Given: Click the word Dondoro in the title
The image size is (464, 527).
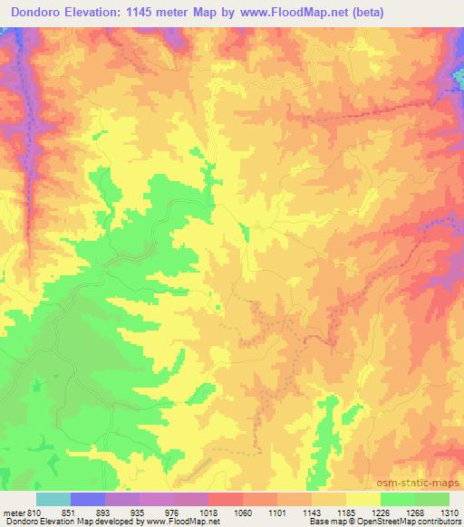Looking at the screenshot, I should pyautogui.click(x=42, y=13).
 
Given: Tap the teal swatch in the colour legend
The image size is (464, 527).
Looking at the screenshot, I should pyautogui.click(x=53, y=499).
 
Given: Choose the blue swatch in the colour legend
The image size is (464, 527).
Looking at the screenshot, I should pyautogui.click(x=88, y=499).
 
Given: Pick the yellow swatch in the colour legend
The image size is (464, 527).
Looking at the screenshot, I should pyautogui.click(x=363, y=499).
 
